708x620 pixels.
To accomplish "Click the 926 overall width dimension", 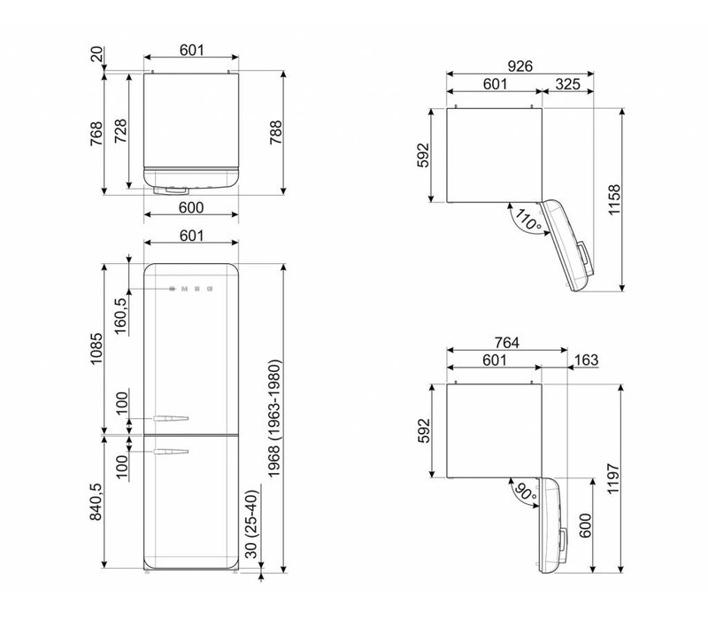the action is click(x=520, y=66).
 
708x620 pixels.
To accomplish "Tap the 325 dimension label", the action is click(x=567, y=84).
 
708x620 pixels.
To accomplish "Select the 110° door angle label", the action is click(x=527, y=220).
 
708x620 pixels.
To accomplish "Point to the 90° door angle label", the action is click(x=525, y=492).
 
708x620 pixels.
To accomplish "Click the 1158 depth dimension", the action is click(x=614, y=200).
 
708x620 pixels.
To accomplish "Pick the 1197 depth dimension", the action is click(x=613, y=478).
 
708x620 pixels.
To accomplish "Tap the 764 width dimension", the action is click(x=506, y=343).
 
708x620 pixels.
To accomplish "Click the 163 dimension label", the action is click(x=586, y=360).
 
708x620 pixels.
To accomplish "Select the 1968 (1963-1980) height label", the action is click(x=274, y=418).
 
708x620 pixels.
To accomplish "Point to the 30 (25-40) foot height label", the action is click(x=251, y=524).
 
